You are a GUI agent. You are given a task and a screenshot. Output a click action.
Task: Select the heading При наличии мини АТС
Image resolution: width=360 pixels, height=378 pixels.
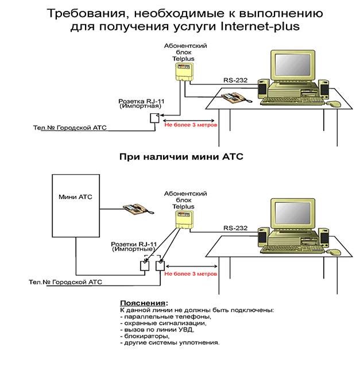(179, 156)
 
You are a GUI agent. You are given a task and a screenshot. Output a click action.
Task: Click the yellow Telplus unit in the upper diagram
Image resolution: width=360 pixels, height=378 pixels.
(184, 71)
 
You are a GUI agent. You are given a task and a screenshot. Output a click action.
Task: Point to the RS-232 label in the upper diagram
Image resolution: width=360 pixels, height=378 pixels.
(235, 80)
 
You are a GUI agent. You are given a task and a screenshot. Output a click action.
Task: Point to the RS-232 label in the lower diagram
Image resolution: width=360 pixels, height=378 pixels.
(235, 227)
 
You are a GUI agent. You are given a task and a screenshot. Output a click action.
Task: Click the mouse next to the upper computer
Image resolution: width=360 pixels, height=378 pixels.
(334, 105)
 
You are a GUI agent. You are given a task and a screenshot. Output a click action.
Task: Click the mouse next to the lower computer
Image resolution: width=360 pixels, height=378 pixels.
(334, 252)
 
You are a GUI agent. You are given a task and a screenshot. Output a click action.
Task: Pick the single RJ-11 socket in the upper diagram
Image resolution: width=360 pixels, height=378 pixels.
(154, 118)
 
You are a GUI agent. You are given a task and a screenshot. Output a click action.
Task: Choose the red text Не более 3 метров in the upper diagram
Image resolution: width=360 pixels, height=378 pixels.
(191, 125)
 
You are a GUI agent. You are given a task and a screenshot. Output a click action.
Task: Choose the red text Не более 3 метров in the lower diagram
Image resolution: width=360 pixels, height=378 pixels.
(191, 274)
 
